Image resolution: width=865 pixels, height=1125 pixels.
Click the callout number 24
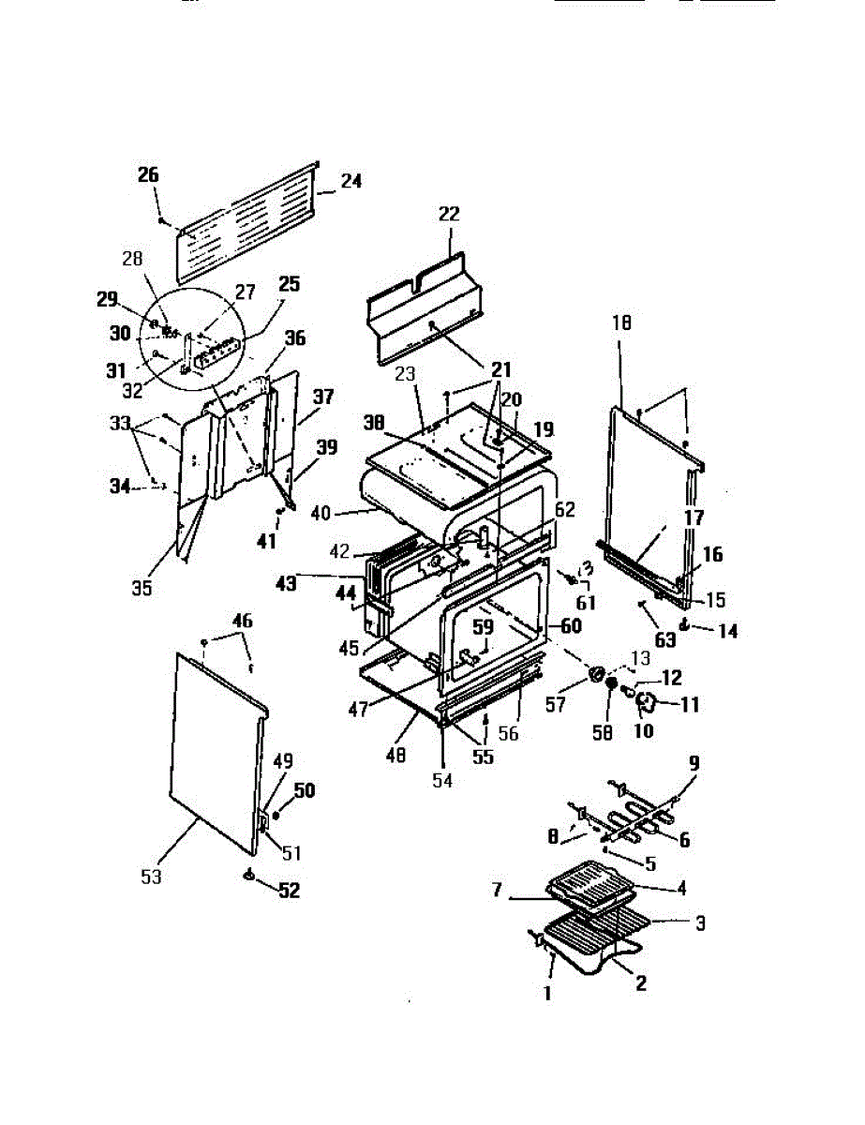click(350, 182)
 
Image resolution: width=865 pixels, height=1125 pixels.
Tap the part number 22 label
click(449, 214)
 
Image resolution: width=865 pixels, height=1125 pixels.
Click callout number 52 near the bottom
click(290, 891)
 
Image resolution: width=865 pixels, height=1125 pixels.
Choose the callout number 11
click(689, 704)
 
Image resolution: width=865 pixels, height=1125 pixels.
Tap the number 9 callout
click(693, 764)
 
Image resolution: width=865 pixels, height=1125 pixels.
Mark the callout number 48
click(397, 754)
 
